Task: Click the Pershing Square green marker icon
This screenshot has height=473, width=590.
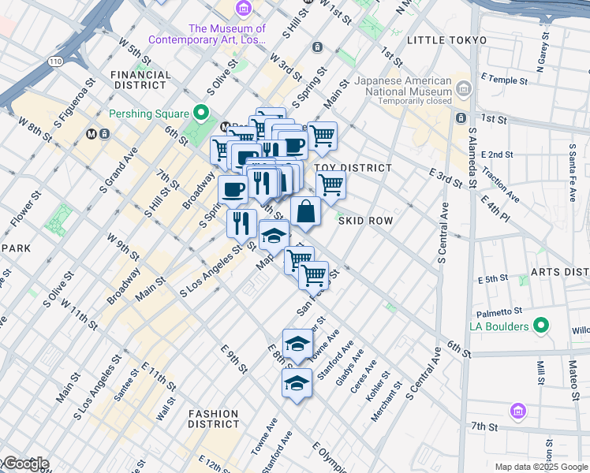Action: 201,114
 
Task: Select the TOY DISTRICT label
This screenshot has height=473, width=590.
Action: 353,168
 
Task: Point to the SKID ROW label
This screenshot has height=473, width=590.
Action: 365,221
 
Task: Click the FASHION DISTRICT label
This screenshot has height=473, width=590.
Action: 213,419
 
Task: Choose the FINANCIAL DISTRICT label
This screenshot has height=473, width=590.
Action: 141,80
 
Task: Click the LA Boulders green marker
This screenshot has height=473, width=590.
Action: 540,325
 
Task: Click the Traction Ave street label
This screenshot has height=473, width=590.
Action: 500,185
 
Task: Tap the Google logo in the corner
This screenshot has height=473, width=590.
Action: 24,464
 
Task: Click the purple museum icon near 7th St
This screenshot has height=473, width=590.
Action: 517,410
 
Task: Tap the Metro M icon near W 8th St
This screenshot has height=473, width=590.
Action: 92,133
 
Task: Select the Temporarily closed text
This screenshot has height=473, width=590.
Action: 414,101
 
